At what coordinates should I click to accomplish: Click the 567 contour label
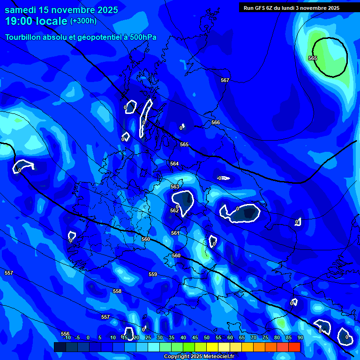click(x=225, y=80)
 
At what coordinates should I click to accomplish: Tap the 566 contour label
click(x=216, y=122)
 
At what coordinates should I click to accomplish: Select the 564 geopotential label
click(x=174, y=164)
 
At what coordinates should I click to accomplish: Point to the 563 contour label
click(x=175, y=187)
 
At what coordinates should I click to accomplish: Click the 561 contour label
click(x=175, y=233)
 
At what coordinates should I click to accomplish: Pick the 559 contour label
click(x=153, y=274)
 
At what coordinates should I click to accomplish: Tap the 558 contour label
click(x=117, y=291)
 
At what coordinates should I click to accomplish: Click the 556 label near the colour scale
click(x=65, y=334)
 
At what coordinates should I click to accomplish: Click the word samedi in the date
click(x=22, y=10)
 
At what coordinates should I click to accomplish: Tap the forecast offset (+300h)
click(x=83, y=21)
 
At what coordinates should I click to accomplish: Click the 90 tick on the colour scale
click(x=300, y=337)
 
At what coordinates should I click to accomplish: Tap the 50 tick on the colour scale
click(x=206, y=337)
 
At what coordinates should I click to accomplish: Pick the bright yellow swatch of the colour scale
click(x=212, y=347)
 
